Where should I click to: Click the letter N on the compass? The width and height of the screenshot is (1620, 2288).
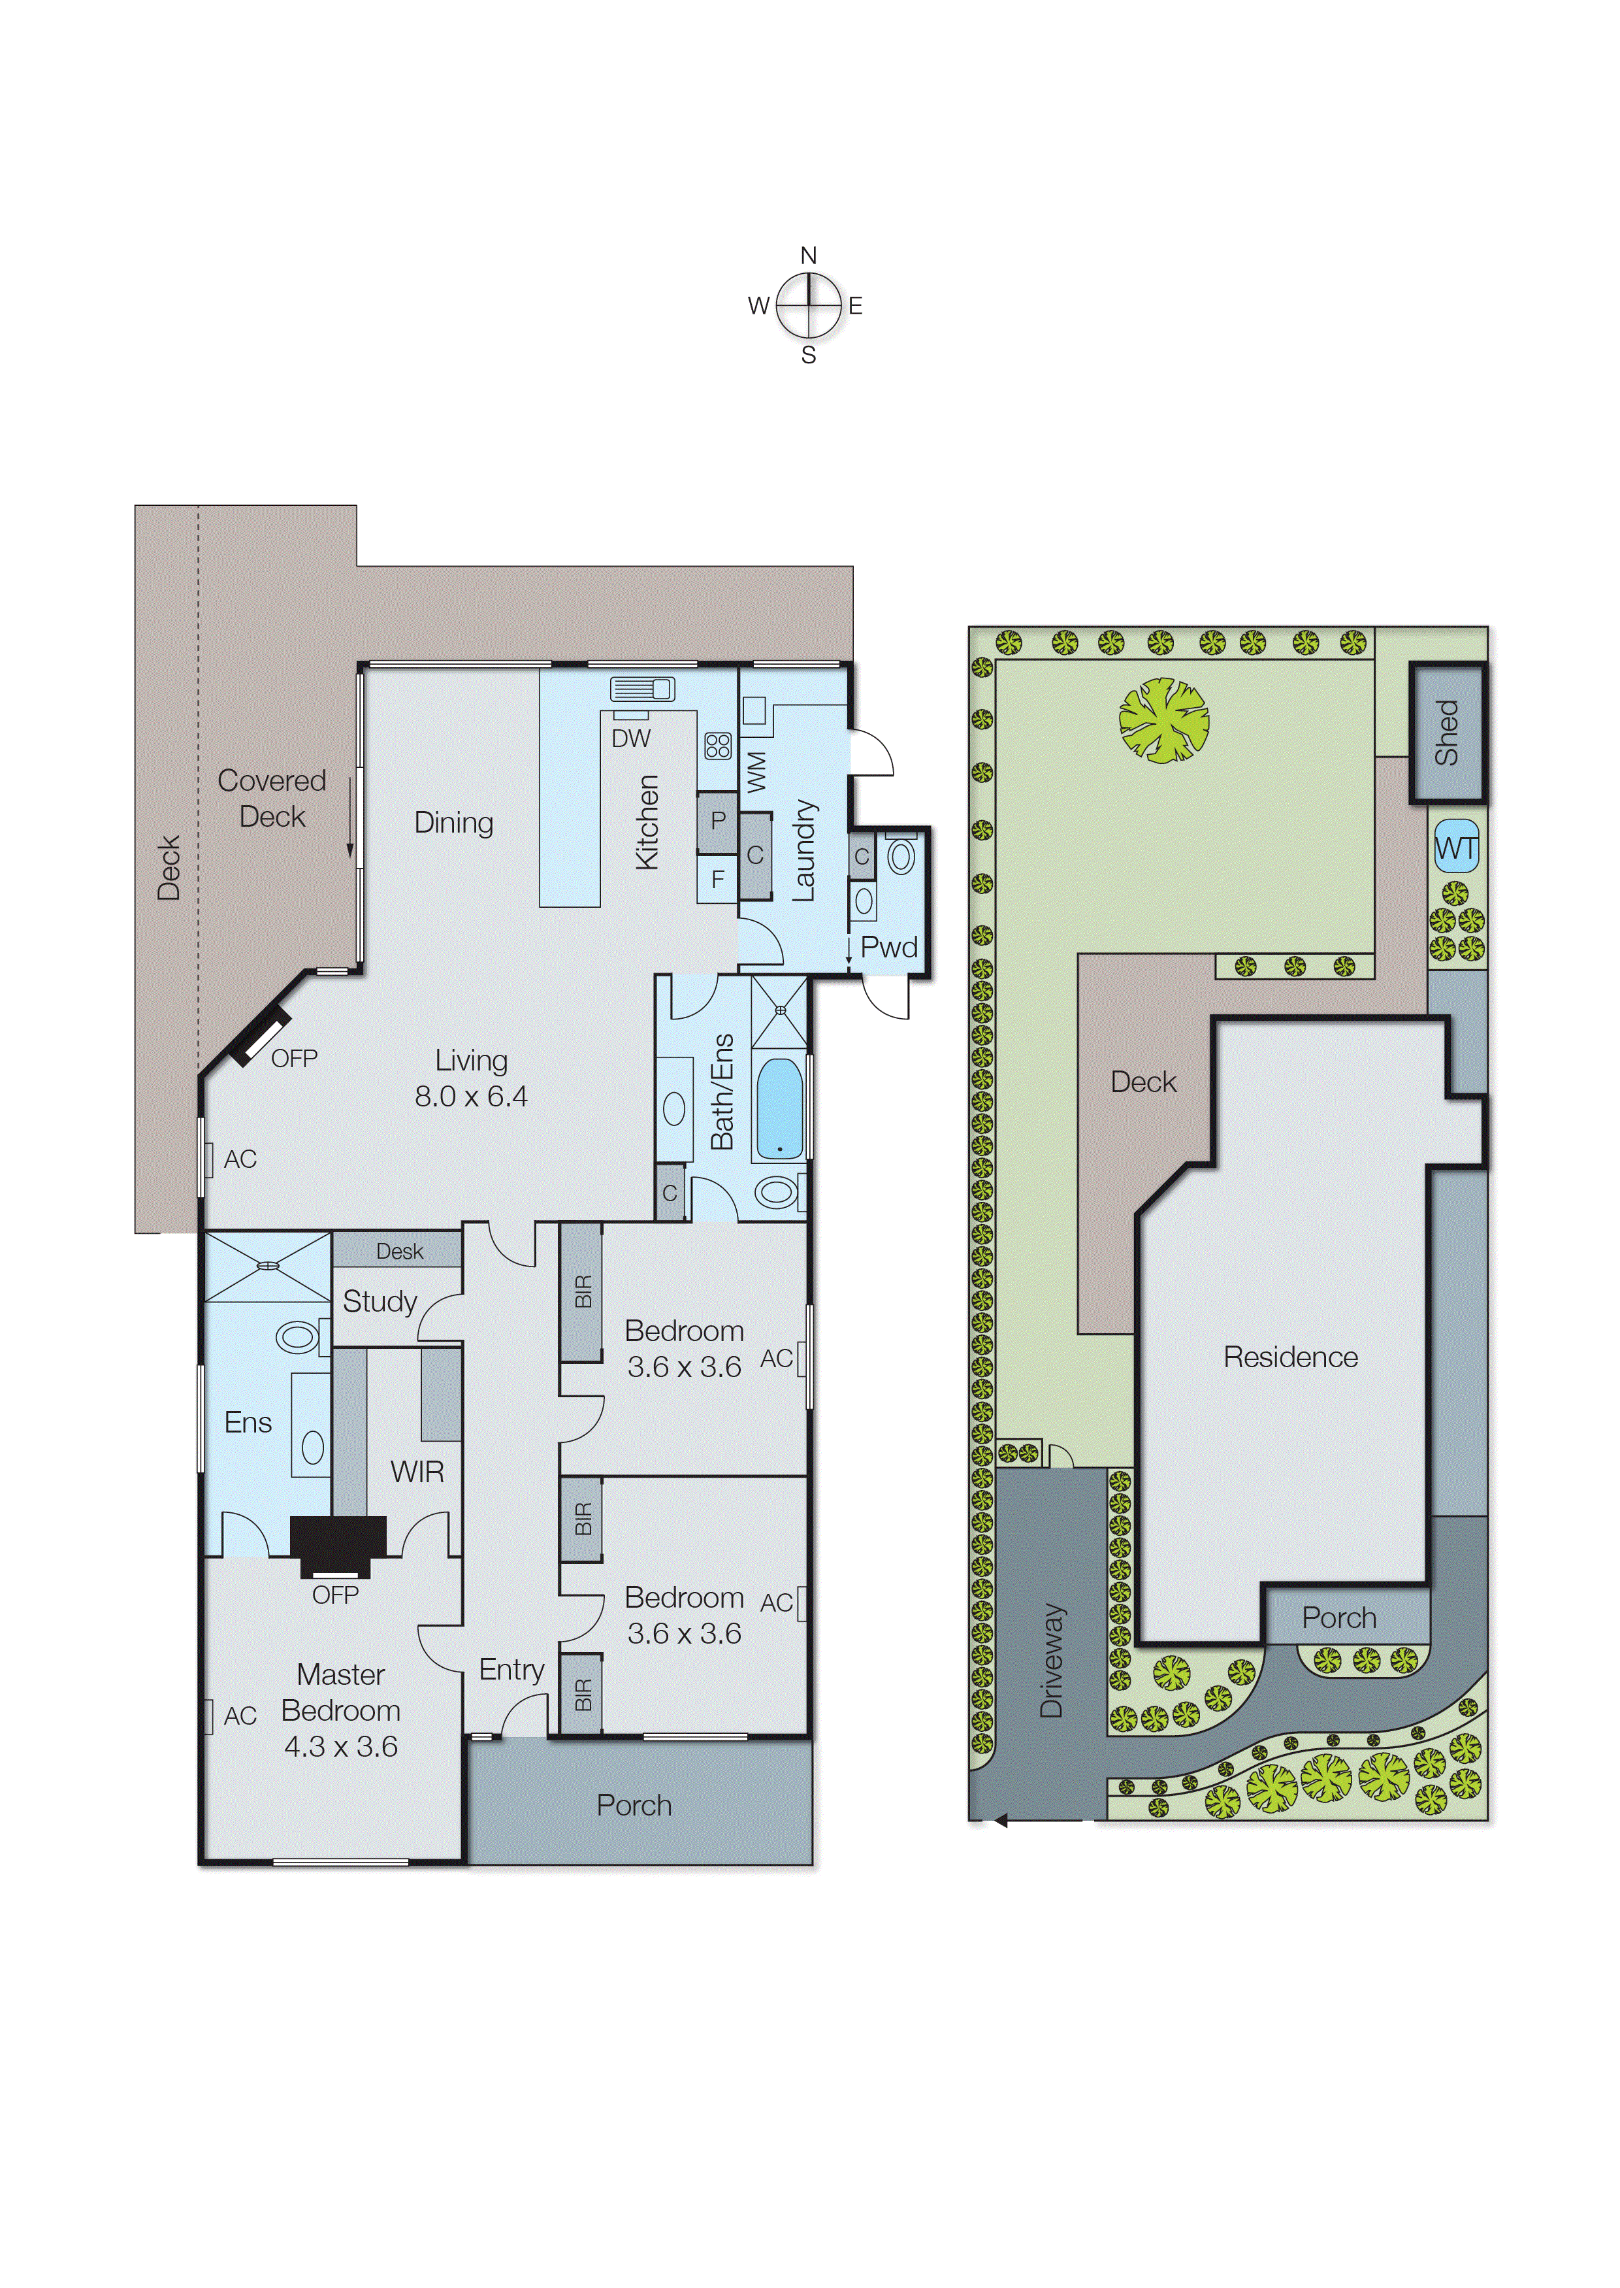coord(808,256)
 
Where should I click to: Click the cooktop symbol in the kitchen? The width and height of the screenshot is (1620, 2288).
coord(717,746)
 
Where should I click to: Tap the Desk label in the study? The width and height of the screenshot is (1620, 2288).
coord(399,1252)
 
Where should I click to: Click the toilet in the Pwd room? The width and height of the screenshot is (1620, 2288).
coord(901,856)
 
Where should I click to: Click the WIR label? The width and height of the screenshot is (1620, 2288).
coord(417,1472)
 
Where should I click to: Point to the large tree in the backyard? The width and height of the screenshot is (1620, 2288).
coord(1163,720)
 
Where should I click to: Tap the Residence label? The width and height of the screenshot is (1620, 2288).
coord(1290,1357)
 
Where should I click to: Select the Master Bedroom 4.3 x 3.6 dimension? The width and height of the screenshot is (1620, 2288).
coord(340,1746)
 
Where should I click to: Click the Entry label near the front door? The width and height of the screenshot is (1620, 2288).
coord(511,1669)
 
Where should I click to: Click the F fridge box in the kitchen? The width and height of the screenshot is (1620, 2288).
coord(717,880)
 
